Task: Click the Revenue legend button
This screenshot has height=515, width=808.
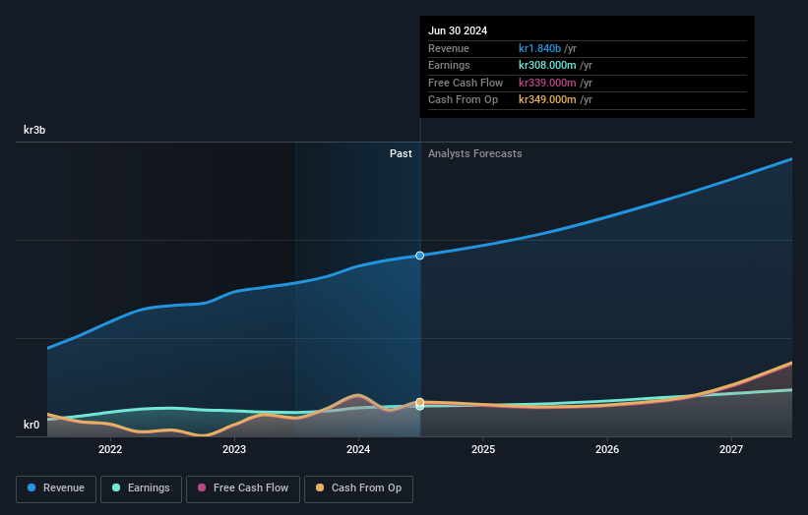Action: (56, 488)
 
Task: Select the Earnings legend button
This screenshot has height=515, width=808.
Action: (141, 488)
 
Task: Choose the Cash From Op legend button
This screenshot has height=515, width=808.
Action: (358, 488)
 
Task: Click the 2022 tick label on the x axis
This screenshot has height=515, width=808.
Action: (109, 450)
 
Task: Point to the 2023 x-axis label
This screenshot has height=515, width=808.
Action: (234, 450)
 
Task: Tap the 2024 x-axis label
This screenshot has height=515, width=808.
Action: (358, 450)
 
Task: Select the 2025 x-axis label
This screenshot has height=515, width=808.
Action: (483, 450)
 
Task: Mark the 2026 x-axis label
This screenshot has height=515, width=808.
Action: (607, 450)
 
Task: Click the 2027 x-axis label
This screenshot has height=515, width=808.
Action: (731, 450)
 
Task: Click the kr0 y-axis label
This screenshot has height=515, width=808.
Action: (32, 426)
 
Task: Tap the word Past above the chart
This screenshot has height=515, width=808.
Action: (401, 153)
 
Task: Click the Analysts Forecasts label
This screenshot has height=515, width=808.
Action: (474, 153)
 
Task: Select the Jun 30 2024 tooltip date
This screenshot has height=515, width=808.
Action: (458, 30)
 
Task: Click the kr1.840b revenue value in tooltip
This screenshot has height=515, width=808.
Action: (540, 48)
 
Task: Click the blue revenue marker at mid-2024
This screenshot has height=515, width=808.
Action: (420, 256)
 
